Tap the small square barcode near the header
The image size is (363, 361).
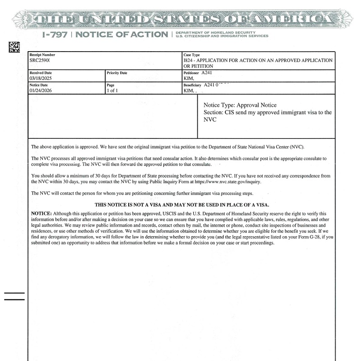14,47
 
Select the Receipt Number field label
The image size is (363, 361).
42,55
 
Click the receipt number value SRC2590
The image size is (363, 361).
40,60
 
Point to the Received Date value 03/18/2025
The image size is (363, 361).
41,78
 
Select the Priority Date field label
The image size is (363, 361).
117,73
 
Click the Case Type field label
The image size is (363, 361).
191,55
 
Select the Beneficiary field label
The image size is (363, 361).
192,85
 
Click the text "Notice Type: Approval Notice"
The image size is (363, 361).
240,105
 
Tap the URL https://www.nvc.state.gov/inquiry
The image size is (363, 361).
228,181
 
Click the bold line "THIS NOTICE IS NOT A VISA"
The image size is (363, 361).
181,204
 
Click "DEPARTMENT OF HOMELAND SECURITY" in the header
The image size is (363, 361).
215,33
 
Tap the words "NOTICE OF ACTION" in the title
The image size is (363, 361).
121,35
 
